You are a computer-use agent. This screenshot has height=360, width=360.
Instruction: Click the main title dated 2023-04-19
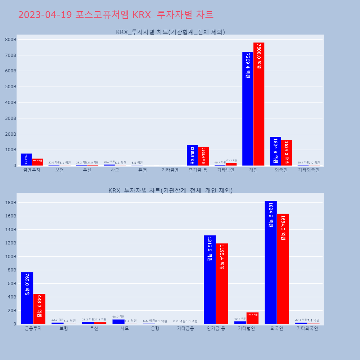[116, 15]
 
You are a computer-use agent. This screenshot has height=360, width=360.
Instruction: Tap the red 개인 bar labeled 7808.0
[259, 104]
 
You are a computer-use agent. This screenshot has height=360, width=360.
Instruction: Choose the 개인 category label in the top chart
[253, 170]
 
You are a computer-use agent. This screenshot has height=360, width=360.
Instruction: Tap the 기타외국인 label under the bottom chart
[307, 328]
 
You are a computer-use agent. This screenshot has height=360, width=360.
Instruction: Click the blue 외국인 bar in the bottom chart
[271, 262]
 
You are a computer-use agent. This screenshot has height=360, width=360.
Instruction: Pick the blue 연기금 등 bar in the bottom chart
[210, 280]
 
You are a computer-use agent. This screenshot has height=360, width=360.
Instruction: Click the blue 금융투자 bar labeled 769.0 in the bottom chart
[27, 298]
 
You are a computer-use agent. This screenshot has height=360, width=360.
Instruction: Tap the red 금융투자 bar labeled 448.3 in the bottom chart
[39, 309]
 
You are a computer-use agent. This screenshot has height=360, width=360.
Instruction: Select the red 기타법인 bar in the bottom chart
[252, 318]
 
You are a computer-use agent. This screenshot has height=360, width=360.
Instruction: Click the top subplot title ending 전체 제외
[170, 32]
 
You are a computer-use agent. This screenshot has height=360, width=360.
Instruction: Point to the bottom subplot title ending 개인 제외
[170, 190]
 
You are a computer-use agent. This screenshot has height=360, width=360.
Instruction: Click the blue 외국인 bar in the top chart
[275, 151]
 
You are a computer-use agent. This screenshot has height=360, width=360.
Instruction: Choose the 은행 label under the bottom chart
[155, 328]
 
